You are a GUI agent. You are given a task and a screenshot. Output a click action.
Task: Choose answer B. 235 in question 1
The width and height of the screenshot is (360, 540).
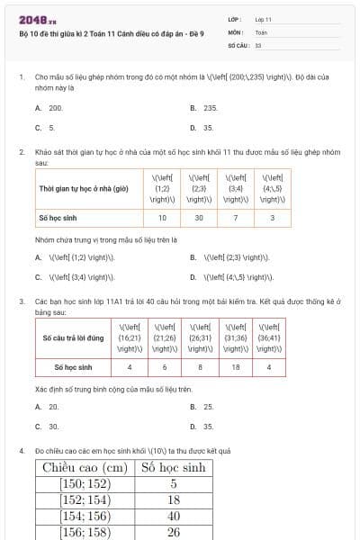click(x=205, y=108)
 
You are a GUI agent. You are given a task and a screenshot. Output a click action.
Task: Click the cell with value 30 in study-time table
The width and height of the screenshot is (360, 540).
click(x=199, y=218)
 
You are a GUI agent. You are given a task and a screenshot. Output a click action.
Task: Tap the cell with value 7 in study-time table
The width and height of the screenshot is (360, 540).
click(x=236, y=218)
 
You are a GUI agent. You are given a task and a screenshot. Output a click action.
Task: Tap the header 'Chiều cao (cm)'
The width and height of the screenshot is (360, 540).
click(x=84, y=467)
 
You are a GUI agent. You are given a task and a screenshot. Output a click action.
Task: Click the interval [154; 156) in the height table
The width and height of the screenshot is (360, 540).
click(x=84, y=515)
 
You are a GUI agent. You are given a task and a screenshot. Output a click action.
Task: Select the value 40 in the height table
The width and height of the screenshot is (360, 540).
click(x=175, y=515)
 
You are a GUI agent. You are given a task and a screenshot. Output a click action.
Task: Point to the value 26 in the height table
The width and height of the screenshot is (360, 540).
click(x=175, y=531)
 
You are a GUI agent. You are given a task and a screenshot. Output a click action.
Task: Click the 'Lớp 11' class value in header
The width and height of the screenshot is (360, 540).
click(x=264, y=19)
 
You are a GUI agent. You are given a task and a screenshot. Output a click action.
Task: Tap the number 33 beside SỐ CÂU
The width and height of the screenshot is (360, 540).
click(x=258, y=44)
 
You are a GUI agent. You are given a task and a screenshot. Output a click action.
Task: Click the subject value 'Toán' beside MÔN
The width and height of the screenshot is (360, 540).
click(x=261, y=31)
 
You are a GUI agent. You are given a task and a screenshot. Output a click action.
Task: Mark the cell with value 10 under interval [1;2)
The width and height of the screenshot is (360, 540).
click(x=162, y=218)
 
